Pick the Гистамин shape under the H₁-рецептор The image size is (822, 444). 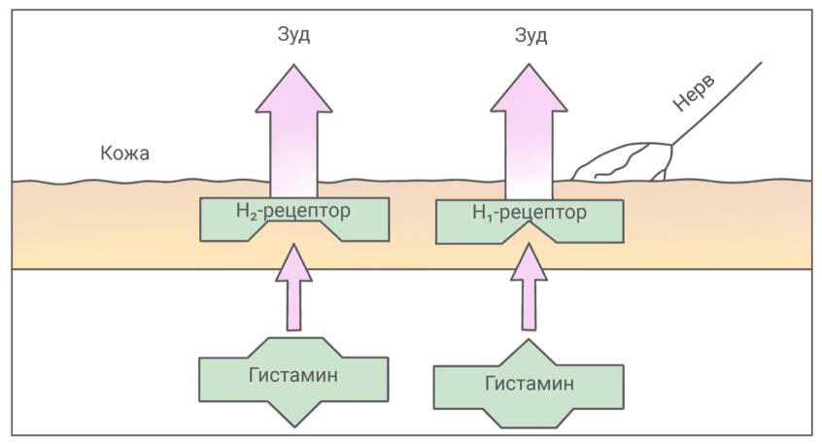pos(529,385)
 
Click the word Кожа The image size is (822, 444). pos(124,154)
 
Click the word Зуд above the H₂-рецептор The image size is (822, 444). pos(294,36)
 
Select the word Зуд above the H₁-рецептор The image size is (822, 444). pos(530,36)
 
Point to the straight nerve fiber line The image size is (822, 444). pos(719,102)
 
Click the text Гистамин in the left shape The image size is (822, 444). pos(293,375)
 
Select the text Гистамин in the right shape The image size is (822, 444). pos(529,383)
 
